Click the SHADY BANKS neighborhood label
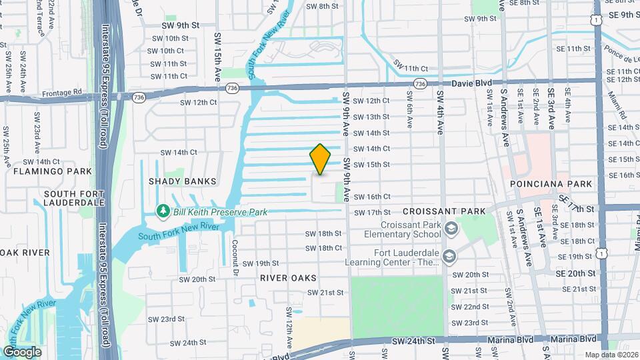click(183, 181)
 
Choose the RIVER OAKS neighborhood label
click(288, 277)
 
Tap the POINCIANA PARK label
click(550, 183)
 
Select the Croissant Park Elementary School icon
click(451, 229)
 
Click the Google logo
click(22, 351)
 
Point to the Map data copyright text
click(611, 355)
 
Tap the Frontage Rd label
click(69, 92)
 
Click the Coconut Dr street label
click(235, 259)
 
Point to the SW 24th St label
click(413, 341)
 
